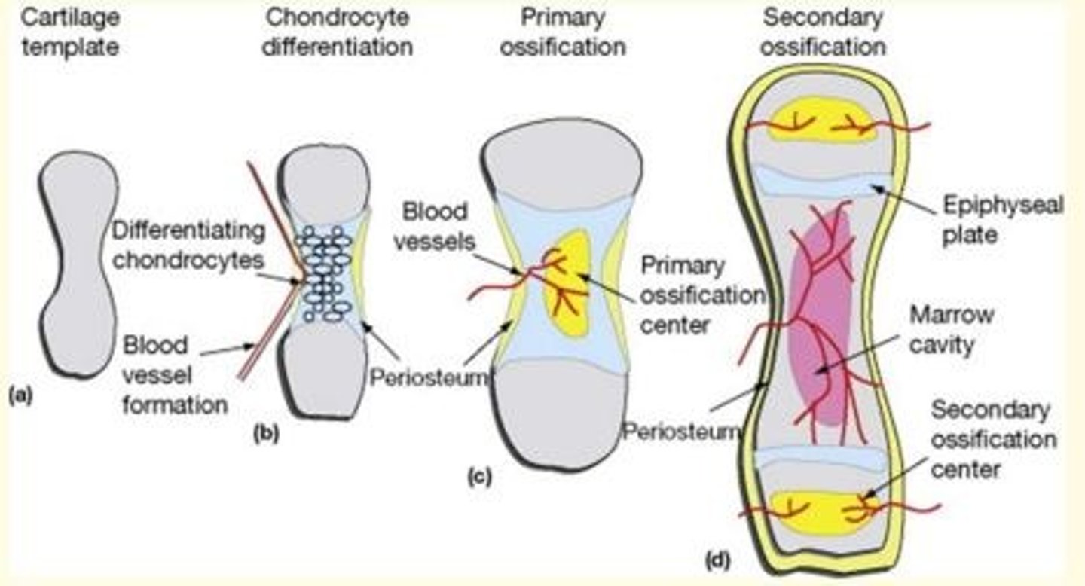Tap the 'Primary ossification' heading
click(x=563, y=31)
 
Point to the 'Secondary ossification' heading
click(x=822, y=31)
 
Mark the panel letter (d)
click(x=717, y=560)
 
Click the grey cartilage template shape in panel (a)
click(x=78, y=264)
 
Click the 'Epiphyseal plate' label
click(x=1001, y=219)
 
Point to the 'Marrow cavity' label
click(x=951, y=329)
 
